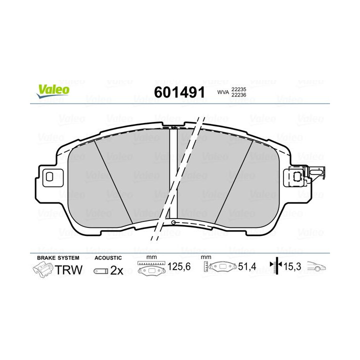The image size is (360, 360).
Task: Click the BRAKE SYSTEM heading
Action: [58, 258]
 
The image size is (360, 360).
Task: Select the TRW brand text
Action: [68, 270]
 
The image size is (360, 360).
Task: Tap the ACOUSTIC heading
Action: [108, 258]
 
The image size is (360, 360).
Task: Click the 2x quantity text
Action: [116, 270]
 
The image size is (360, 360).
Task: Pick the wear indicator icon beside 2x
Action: [100, 271]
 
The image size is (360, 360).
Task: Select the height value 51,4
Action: [246, 267]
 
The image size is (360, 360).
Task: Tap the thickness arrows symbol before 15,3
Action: [274, 267]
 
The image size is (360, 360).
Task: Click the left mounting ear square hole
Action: [49, 176]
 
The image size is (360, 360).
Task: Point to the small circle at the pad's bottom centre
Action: [173, 222]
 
